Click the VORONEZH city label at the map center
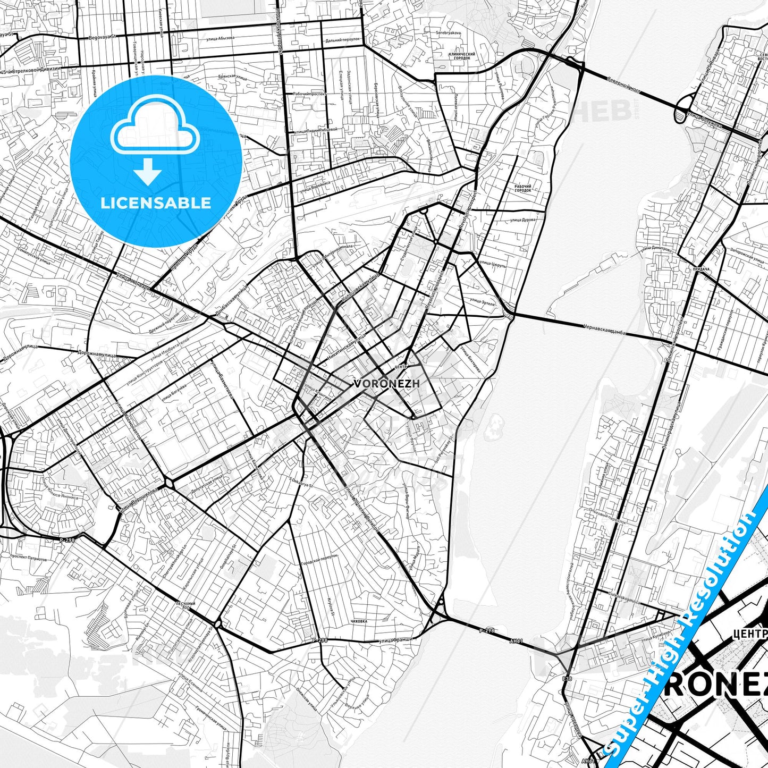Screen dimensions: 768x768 [x=386, y=383]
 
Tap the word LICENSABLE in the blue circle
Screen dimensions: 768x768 [x=156, y=203]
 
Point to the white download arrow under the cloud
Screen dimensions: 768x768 [x=148, y=171]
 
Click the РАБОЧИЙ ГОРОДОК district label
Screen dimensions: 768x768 [x=523, y=188]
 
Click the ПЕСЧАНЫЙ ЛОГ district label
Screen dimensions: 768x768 [x=187, y=606]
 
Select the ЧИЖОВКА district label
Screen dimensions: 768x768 [x=359, y=621]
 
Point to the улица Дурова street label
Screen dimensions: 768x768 [x=522, y=218]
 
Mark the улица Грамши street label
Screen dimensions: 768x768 [x=396, y=640]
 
